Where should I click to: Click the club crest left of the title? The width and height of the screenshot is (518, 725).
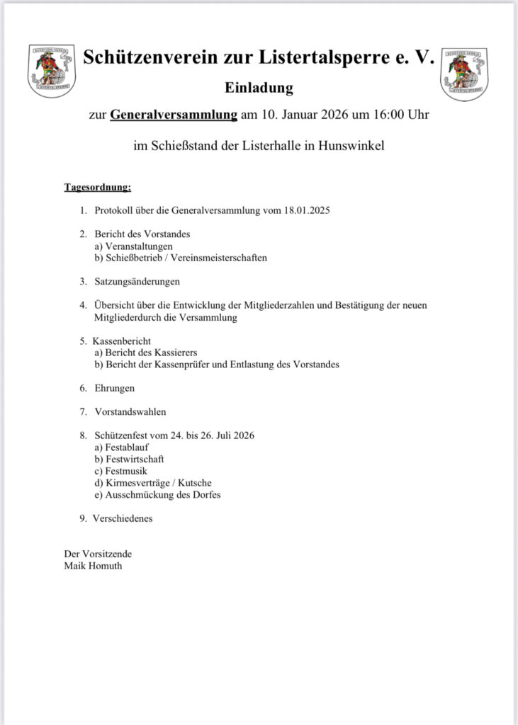pos(51,71)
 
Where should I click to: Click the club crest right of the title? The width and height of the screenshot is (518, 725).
pos(463,73)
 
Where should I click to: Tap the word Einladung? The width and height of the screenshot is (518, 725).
pos(259,89)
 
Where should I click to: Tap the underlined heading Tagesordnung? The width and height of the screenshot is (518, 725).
pos(98,188)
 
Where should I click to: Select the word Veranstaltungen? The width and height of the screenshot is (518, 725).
pos(139,246)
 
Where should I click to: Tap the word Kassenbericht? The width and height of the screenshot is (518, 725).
pos(121,341)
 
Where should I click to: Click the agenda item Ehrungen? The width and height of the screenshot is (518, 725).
pos(115,388)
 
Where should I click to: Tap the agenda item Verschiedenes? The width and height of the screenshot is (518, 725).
pos(123,518)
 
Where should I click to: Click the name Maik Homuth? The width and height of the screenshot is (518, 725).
pos(93,566)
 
